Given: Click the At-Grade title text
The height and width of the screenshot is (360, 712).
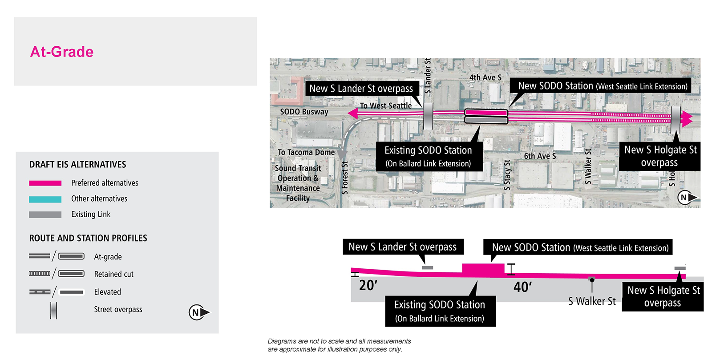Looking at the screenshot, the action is click(x=62, y=52).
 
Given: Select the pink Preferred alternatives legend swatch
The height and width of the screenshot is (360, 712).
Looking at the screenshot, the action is click(x=45, y=183).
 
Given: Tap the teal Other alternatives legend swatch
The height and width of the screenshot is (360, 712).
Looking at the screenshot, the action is click(x=45, y=199).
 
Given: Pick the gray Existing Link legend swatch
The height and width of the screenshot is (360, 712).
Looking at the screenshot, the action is click(x=45, y=215).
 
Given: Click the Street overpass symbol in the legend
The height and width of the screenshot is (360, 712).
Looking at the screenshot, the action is click(x=53, y=311).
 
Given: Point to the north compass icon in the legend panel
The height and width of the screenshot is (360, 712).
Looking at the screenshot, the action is click(x=198, y=312).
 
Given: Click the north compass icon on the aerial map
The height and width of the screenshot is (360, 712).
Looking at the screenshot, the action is click(x=687, y=197).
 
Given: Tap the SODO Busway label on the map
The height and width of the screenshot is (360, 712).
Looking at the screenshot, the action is click(x=304, y=112).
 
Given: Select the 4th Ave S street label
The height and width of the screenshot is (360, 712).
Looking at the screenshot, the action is click(x=485, y=77).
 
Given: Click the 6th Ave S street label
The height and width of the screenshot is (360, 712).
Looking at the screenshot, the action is click(x=540, y=156).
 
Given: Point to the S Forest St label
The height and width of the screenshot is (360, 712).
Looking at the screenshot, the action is click(x=345, y=178).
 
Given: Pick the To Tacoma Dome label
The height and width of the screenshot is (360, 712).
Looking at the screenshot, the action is click(x=306, y=152).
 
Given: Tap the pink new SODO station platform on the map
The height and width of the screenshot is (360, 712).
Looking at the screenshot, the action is click(x=486, y=113).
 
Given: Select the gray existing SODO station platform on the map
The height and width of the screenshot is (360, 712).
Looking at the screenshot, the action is click(x=486, y=120).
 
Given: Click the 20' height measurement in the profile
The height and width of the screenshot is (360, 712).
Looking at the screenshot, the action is click(x=368, y=285).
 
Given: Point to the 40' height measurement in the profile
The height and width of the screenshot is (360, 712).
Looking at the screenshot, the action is click(x=522, y=287).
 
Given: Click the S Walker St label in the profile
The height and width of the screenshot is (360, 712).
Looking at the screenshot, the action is click(x=592, y=301).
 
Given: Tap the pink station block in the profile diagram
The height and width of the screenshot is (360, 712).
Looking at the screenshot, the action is click(x=483, y=270).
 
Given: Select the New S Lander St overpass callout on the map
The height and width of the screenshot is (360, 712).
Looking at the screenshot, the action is click(x=361, y=89).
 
